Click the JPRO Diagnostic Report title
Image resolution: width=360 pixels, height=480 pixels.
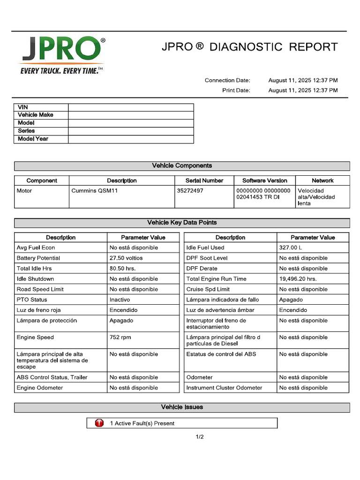pos(249,47)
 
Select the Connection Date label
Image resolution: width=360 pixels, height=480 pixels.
pos(227,80)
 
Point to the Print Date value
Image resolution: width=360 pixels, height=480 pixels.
pos(303,90)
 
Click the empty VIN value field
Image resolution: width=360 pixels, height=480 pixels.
pos(131,107)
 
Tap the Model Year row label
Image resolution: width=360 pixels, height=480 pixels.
pos(33,139)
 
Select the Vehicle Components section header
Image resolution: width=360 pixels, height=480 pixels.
pos(182,166)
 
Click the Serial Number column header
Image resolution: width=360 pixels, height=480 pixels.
pos(204,180)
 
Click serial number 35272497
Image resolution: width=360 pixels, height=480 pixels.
pos(190,191)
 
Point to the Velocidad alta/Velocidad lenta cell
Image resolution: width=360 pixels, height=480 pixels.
pos(316,197)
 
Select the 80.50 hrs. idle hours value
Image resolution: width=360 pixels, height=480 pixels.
pos(123,269)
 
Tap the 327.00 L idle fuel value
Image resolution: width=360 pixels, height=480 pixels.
pos(292,247)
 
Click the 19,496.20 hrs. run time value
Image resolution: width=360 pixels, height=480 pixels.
pos(298,279)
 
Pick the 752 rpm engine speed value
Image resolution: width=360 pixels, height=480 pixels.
pos(121,337)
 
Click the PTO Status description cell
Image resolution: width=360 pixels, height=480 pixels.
pos(32,300)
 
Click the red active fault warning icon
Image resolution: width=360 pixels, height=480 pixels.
pos(99,423)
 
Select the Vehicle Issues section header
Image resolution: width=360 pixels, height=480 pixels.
pos(182,407)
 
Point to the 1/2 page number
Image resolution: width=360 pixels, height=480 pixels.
pos(200,437)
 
